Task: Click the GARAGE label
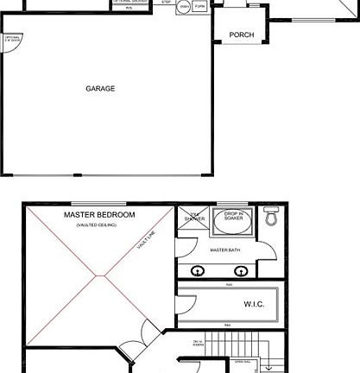[x=100, y=88]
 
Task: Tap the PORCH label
[x=241, y=35]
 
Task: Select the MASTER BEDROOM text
[x=99, y=214]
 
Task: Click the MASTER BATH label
[x=224, y=250]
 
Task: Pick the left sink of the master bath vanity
[x=199, y=270]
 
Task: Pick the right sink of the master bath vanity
[x=242, y=270]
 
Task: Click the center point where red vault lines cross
[x=102, y=277]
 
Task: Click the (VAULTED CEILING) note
[x=96, y=225]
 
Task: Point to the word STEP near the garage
[x=166, y=3]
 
